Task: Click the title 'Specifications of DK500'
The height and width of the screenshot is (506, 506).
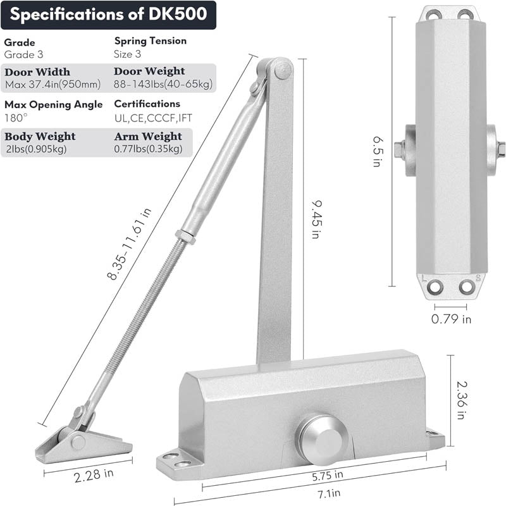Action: point(108,15)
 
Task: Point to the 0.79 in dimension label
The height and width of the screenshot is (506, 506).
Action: point(451,319)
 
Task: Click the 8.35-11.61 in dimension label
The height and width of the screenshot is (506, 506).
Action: point(129,247)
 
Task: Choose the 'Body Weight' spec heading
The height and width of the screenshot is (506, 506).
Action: point(40,136)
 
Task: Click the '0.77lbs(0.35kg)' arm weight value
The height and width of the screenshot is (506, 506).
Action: point(148,149)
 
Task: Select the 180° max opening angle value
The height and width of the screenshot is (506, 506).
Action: point(14,117)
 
